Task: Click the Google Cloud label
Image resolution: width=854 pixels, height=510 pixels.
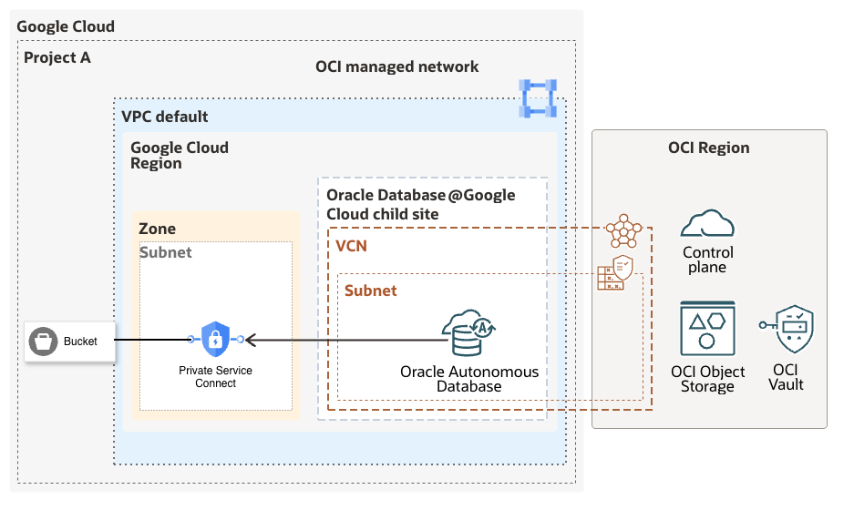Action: pyautogui.click(x=66, y=26)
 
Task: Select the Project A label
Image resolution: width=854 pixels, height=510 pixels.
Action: pyautogui.click(x=57, y=58)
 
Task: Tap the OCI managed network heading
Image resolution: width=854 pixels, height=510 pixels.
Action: pyautogui.click(x=396, y=66)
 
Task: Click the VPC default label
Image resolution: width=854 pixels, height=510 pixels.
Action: pyautogui.click(x=165, y=117)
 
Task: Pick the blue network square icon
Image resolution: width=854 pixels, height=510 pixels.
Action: pyautogui.click(x=537, y=98)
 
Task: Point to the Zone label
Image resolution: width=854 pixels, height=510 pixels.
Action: pyautogui.click(x=157, y=229)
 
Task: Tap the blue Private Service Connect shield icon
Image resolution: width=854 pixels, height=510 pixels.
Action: pyautogui.click(x=215, y=339)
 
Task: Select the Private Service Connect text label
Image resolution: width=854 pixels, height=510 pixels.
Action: pyautogui.click(x=215, y=377)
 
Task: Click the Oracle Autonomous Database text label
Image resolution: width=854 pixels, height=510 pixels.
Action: pyautogui.click(x=468, y=379)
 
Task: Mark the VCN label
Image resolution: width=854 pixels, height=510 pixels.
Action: pyautogui.click(x=352, y=247)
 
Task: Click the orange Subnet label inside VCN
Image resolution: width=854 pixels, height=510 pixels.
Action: pyautogui.click(x=370, y=291)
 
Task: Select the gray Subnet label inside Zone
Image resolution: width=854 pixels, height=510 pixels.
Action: pyautogui.click(x=165, y=252)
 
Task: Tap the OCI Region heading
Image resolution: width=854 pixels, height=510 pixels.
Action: pyautogui.click(x=709, y=148)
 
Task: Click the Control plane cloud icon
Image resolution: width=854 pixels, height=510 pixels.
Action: pyautogui.click(x=707, y=224)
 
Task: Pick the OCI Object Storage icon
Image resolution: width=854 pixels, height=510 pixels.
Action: pyautogui.click(x=707, y=330)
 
